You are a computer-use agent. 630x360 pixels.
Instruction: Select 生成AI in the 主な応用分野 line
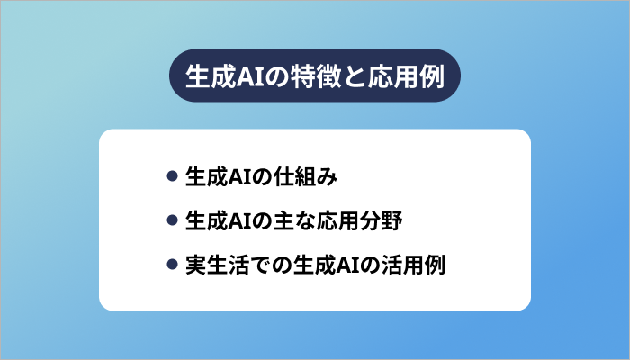click(x=224, y=220)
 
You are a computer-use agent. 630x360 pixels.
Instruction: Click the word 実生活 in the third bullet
click(x=211, y=265)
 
